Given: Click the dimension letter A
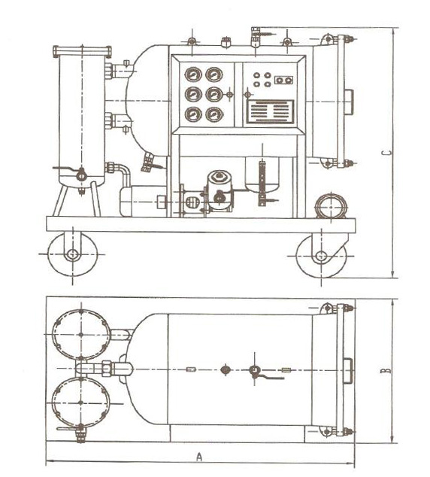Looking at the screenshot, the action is coord(199,457).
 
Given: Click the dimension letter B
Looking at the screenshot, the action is coord(386,371).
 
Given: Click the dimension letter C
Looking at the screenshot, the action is coord(386,153).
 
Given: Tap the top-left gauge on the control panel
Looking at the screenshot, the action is coord(193,74).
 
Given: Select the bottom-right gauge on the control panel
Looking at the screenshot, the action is coord(214,114).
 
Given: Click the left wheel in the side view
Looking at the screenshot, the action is coord(72,254).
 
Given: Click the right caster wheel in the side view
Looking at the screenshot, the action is coord(322,256).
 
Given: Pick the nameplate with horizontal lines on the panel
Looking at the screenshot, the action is coord(270,112).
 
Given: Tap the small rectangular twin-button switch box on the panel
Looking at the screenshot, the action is coord(284,80).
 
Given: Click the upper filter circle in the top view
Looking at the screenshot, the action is coord(81,334).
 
